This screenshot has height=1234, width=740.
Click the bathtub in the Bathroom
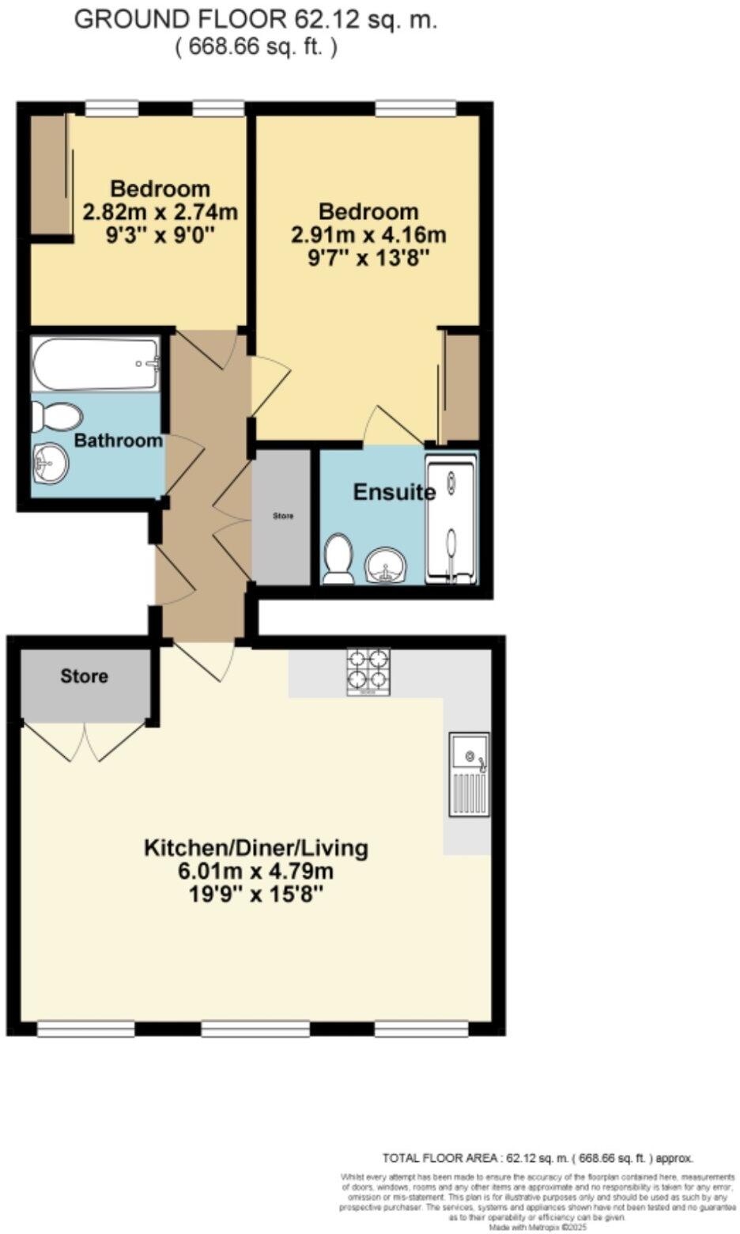coord(96,364)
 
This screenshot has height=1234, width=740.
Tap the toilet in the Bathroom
coord(57,416)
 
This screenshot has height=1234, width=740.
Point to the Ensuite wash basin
coord(387,565)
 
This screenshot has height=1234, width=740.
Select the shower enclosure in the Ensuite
coord(451,520)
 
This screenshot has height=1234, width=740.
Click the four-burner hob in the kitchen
coord(368,672)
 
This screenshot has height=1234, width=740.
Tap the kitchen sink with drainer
coord(469,774)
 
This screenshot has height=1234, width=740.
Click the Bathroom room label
coord(118,441)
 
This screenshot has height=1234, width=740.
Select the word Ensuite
coord(394,492)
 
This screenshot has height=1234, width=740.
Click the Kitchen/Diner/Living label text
coord(255,848)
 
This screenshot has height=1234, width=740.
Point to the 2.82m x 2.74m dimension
coord(160,212)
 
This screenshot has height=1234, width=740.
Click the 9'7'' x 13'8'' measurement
coord(368,258)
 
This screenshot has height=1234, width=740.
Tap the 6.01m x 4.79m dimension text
coord(255,872)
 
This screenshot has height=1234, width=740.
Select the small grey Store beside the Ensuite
coord(282,517)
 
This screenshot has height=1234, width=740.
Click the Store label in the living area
coord(85,676)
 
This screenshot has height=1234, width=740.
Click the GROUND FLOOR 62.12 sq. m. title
coord(255,21)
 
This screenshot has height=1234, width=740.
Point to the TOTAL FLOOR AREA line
coord(538,1158)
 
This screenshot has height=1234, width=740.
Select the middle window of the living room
coord(255,1028)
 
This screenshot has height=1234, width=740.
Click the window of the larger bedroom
coord(415,108)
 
